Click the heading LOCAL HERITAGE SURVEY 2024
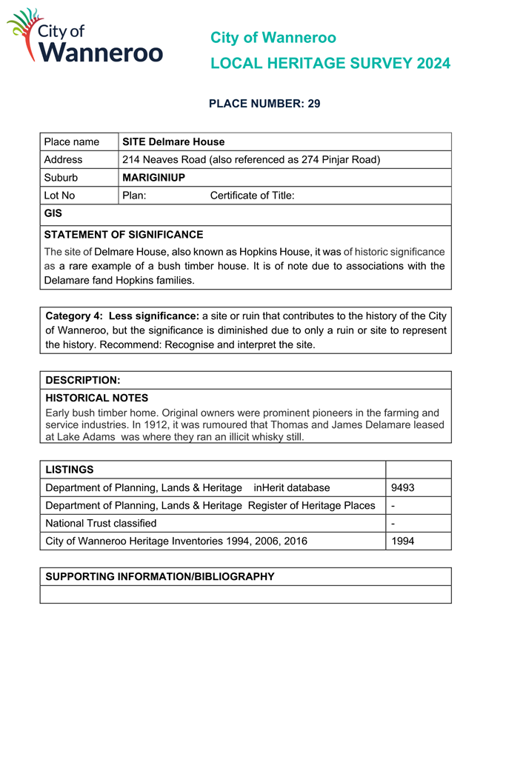[330, 64]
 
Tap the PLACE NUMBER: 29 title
[264, 104]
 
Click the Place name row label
[72, 142]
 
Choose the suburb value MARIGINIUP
[153, 178]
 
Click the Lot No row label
[59, 196]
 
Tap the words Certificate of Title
[252, 196]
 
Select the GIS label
[53, 213]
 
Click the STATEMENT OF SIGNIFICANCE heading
[124, 235]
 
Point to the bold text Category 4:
[74, 316]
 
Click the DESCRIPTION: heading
[83, 380]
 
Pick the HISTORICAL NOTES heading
[97, 398]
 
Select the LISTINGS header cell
[70, 470]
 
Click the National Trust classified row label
[101, 523]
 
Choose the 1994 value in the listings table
[403, 541]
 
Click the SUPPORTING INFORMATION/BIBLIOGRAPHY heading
[160, 576]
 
